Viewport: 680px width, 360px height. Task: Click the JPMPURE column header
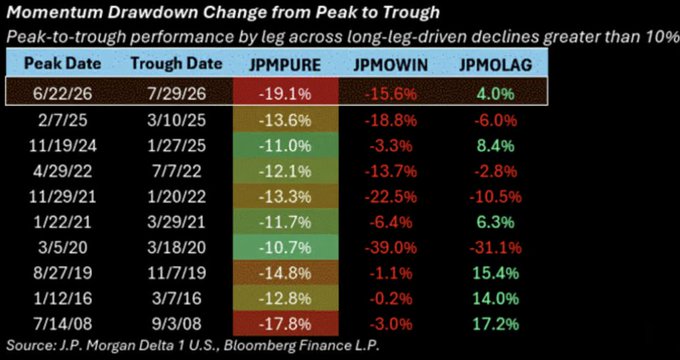tap(285, 65)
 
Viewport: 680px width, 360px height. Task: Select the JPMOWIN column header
tap(390, 65)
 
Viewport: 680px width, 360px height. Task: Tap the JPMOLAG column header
tap(495, 65)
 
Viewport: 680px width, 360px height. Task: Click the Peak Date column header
tap(62, 64)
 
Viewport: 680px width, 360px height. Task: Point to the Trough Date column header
tap(176, 64)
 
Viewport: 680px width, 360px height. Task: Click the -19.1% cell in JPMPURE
tap(285, 94)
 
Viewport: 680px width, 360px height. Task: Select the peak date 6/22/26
tap(62, 94)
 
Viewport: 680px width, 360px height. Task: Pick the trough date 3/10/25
tap(176, 120)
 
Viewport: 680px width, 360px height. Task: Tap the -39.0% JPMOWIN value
tap(390, 248)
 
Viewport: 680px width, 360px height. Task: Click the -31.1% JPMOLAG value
tap(495, 248)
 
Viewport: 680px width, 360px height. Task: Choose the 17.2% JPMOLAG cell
tap(495, 324)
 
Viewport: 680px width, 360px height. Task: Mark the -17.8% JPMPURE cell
tap(285, 324)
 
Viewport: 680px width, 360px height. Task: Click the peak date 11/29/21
tap(62, 197)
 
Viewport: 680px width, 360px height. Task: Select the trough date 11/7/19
tap(176, 273)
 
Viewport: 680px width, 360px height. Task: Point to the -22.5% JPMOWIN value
tap(390, 197)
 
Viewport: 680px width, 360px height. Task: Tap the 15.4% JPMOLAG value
tap(495, 273)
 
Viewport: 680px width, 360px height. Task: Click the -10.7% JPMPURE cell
tap(285, 248)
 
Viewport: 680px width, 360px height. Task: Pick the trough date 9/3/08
tap(176, 324)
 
